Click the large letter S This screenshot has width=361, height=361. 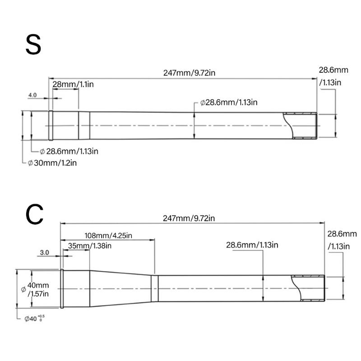coord(33,45)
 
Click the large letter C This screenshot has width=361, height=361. coord(35,214)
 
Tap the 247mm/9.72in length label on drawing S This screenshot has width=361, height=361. coord(189,73)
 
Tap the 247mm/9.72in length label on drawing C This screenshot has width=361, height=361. coord(189,218)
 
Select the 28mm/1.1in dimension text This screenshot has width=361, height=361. coord(73,84)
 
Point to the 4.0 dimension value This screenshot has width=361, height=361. coord(32,95)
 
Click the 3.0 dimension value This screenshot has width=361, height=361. coord(44,253)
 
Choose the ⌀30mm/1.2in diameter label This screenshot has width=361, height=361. coord(52,163)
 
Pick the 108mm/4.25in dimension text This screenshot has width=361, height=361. coord(108,236)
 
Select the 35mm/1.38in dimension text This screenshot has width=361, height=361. coord(89,246)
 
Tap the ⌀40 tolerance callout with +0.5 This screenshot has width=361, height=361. coord(35,319)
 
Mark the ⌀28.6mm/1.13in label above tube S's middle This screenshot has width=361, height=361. coord(229,102)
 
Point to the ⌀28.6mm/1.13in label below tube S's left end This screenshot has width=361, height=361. coord(69,151)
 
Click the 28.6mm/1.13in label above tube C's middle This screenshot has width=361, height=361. coord(252,245)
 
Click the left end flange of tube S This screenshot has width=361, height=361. coord(51,125)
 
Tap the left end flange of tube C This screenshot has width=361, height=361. coord(62,288)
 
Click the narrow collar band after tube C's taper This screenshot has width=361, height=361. coord(155,288)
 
